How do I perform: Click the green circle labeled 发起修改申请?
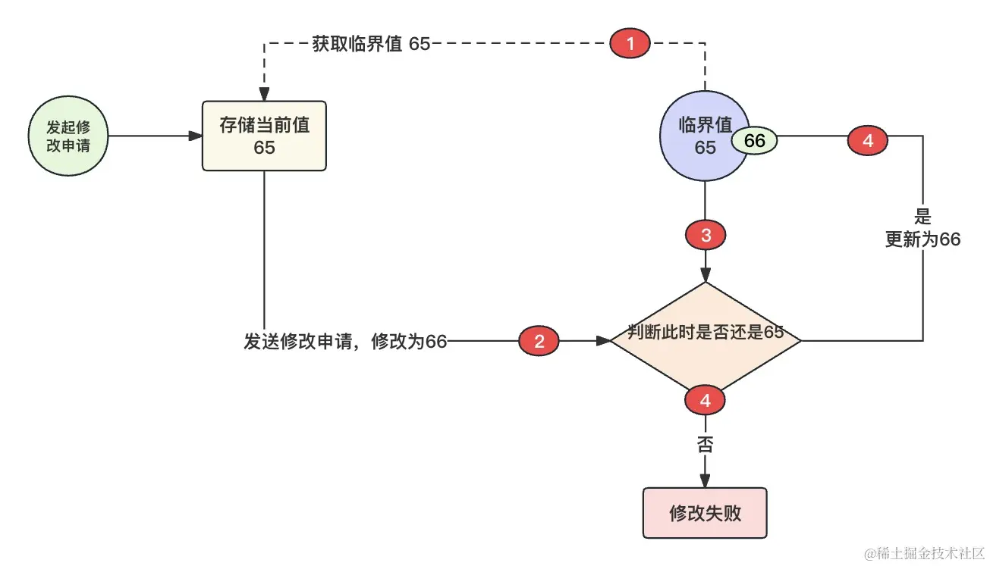pyautogui.click(x=68, y=136)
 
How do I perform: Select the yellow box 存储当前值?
pyautogui.click(x=264, y=136)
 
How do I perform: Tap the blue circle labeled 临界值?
pyautogui.click(x=704, y=136)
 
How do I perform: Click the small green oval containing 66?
pyautogui.click(x=754, y=141)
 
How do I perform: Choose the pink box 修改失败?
pyautogui.click(x=705, y=513)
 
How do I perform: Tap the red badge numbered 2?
pyautogui.click(x=539, y=341)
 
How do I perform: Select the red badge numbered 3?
pyautogui.click(x=706, y=236)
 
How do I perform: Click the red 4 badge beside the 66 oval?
pyautogui.click(x=868, y=141)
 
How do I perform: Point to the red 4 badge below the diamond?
pyautogui.click(x=706, y=401)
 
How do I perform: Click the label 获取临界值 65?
pyautogui.click(x=371, y=44)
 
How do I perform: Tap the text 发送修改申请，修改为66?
pyautogui.click(x=345, y=342)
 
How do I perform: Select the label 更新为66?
pyautogui.click(x=922, y=239)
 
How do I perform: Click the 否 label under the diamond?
pyautogui.click(x=706, y=444)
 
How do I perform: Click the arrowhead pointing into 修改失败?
pyautogui.click(x=706, y=481)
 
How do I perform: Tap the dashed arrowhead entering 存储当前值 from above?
pyautogui.click(x=264, y=95)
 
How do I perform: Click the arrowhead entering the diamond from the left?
pyautogui.click(x=603, y=341)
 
